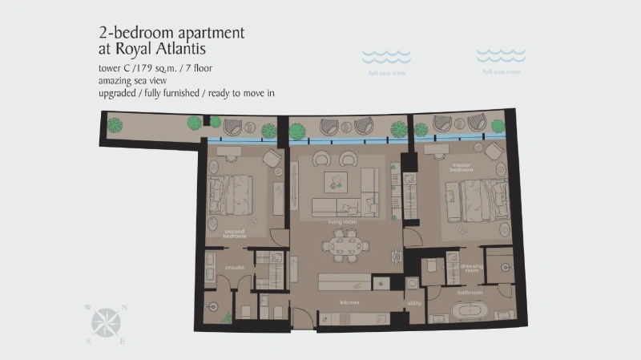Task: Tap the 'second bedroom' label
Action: (235, 234)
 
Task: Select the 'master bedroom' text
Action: (461, 168)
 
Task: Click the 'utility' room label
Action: (413, 302)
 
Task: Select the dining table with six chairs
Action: (345, 245)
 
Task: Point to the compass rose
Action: (105, 323)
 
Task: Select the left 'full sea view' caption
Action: (387, 73)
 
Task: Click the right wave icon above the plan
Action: (501, 55)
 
